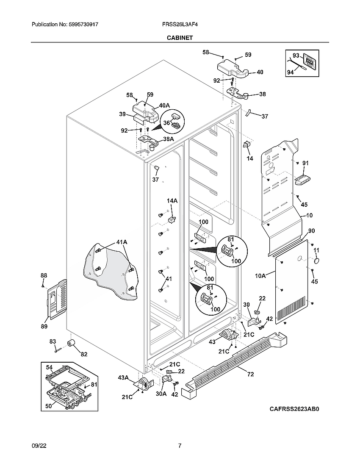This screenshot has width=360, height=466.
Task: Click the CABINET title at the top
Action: (180, 38)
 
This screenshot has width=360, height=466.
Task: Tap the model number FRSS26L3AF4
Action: (180, 25)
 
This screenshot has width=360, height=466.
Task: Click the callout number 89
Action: (44, 326)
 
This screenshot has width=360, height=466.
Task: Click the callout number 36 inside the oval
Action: (166, 123)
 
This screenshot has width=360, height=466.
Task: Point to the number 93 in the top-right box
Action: (296, 55)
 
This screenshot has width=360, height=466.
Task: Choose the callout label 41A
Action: (122, 242)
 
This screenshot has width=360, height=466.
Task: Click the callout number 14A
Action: (172, 201)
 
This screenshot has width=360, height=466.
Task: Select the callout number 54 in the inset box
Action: (49, 367)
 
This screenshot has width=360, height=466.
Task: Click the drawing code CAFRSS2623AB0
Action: (294, 409)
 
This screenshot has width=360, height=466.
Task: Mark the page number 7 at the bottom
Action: (180, 446)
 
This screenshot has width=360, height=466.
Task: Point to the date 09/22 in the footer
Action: (38, 446)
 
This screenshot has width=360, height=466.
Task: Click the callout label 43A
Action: (123, 377)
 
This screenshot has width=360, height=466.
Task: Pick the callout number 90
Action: (311, 231)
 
